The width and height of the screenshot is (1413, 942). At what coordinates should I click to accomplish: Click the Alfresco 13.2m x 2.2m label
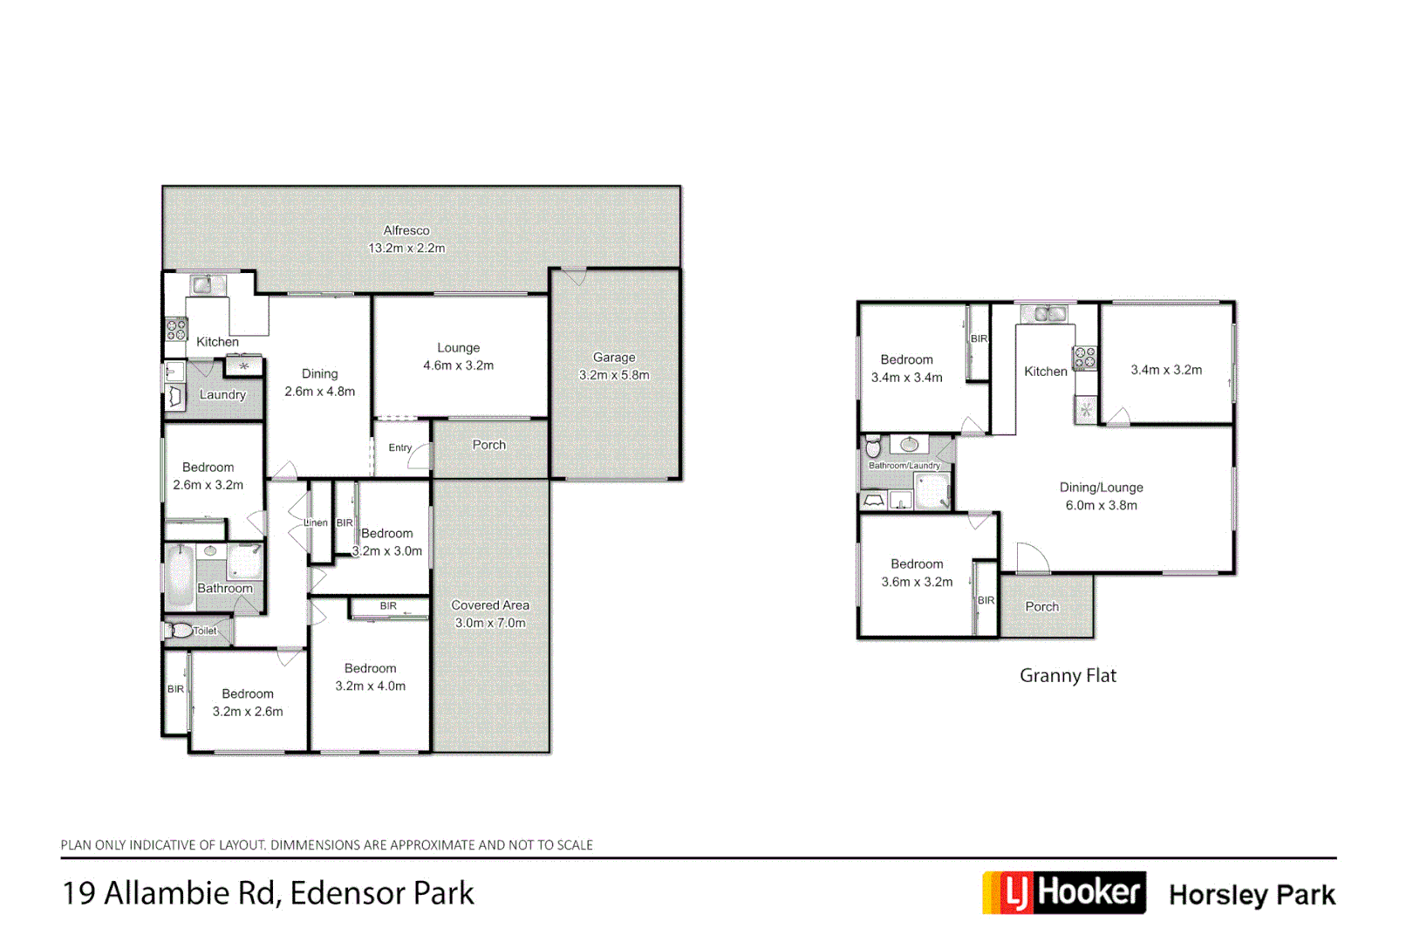(x=406, y=239)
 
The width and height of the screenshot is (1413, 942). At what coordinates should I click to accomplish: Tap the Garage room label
(x=614, y=358)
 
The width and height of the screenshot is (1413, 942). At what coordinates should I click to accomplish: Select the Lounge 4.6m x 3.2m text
(x=458, y=357)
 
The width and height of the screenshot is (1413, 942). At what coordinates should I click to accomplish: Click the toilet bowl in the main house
(x=181, y=631)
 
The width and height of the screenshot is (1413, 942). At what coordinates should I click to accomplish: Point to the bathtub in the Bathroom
(x=181, y=576)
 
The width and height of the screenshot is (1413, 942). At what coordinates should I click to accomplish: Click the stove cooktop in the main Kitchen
(x=176, y=329)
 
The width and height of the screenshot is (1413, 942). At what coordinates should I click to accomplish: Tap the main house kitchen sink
(x=202, y=284)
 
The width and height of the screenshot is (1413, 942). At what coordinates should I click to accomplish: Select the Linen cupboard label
(x=316, y=522)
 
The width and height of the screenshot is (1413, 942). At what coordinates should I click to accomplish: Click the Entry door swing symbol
(x=420, y=456)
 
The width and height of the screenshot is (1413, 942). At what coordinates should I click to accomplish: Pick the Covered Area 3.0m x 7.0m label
(x=489, y=614)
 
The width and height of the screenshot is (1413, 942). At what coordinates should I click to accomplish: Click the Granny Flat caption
(x=1068, y=675)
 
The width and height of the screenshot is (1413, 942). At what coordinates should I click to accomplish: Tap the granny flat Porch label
(x=1041, y=606)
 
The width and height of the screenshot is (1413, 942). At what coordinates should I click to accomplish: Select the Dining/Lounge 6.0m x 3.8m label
(x=1101, y=496)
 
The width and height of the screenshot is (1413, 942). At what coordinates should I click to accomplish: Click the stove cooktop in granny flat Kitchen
(x=1084, y=357)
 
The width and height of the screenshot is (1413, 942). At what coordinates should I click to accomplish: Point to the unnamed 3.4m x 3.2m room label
(x=1166, y=370)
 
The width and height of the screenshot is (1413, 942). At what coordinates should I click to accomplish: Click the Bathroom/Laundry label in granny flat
(x=904, y=466)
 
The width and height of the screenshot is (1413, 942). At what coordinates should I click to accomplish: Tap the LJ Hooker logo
(x=1064, y=893)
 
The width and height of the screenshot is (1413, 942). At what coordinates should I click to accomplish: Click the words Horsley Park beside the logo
(x=1252, y=895)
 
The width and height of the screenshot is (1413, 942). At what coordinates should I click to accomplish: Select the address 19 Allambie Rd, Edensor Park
(x=268, y=893)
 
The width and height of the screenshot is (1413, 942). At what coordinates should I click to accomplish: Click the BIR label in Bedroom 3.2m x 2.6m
(x=175, y=689)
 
